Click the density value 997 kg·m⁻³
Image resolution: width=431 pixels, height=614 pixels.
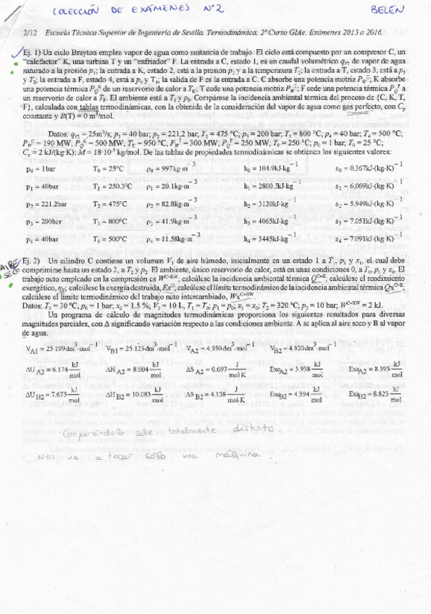pos(171,168)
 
